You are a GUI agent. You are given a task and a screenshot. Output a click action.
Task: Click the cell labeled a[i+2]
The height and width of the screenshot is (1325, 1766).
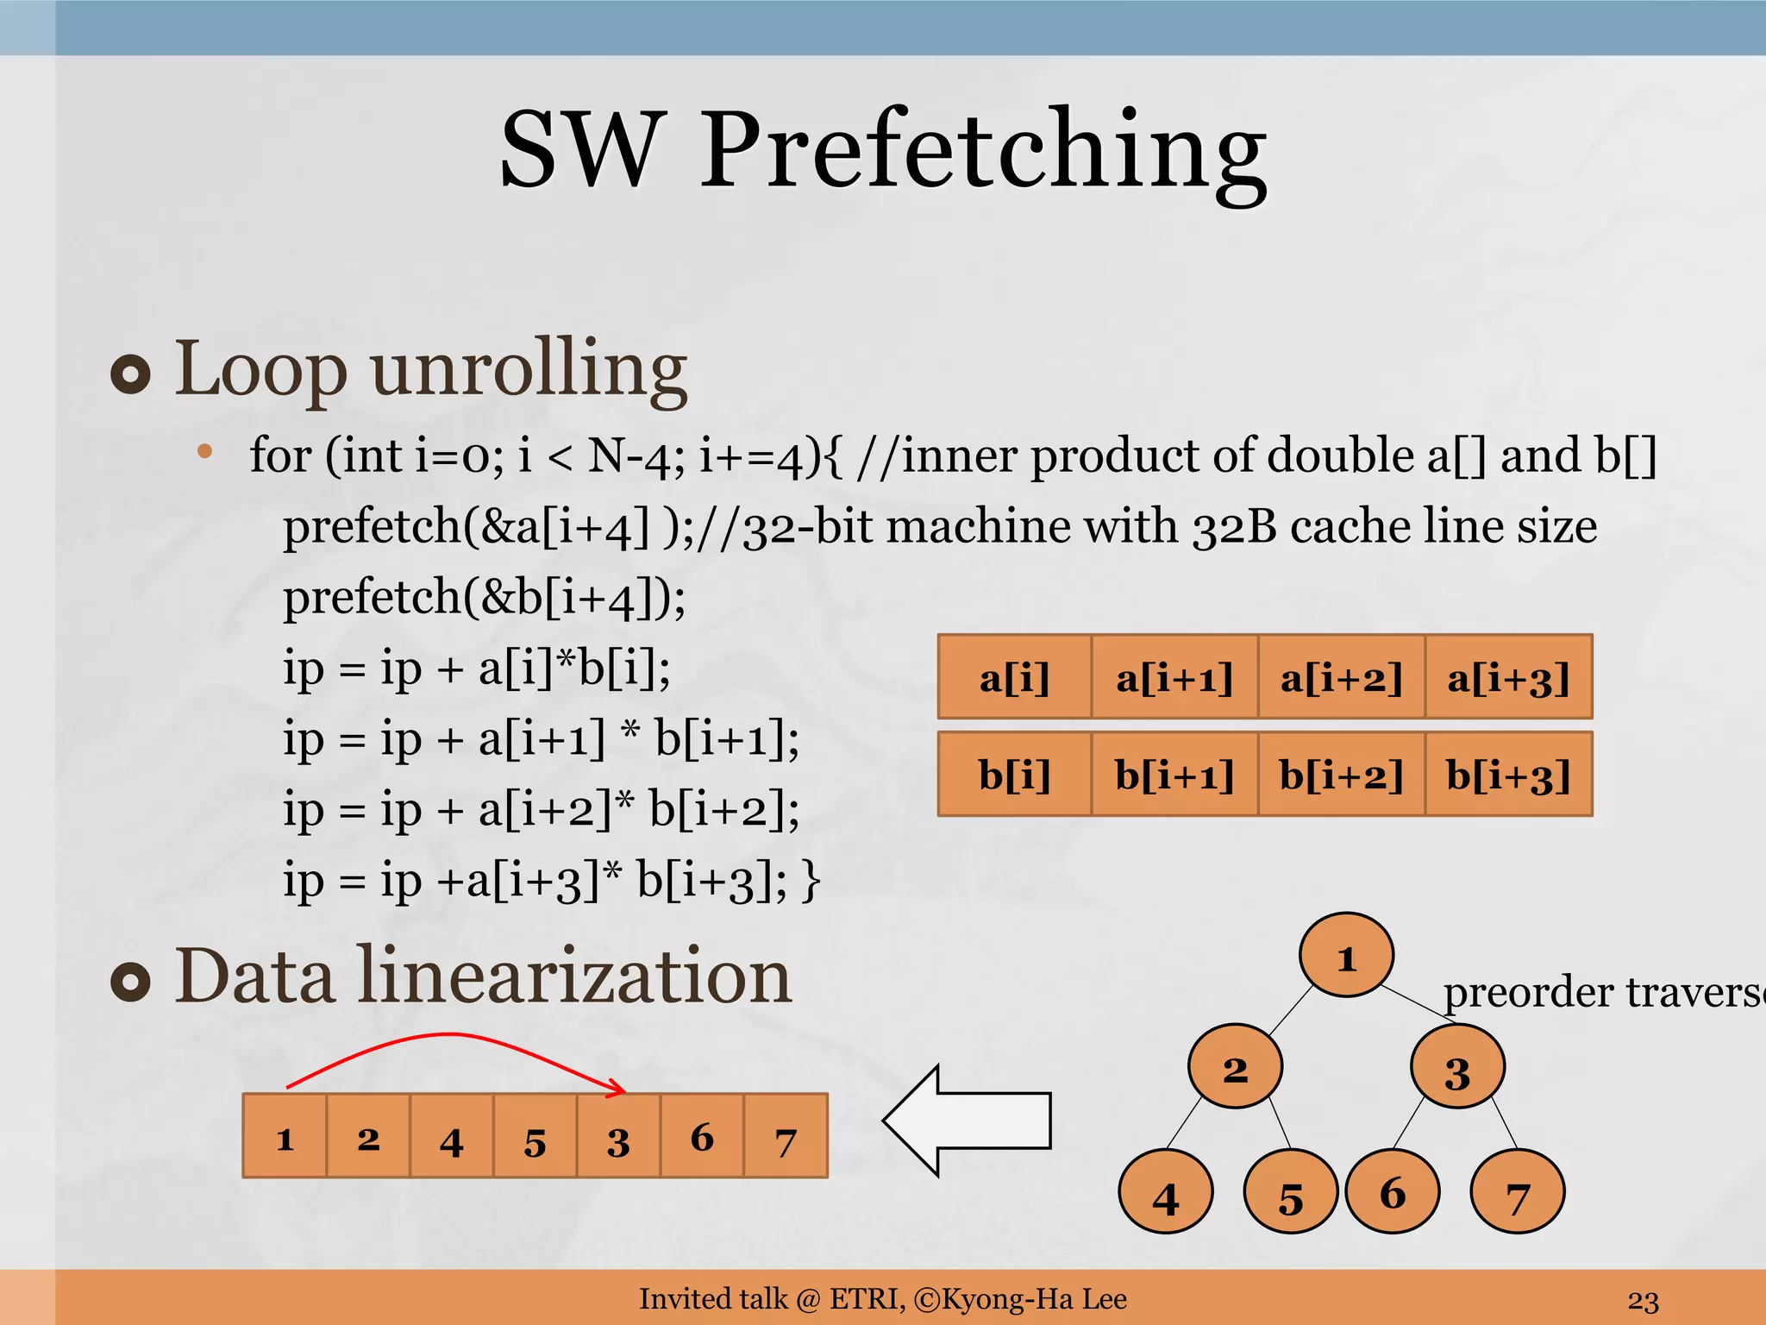point(1341,677)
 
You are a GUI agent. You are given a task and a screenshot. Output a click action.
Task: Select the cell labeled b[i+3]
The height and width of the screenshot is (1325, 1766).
point(1508,775)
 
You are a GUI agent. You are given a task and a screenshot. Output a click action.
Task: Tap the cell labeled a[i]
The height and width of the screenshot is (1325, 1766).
point(1014,677)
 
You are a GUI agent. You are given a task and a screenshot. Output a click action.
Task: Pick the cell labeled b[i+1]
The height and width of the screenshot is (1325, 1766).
point(1174,775)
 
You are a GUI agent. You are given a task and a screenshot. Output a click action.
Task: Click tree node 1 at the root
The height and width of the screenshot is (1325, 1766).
point(1346,955)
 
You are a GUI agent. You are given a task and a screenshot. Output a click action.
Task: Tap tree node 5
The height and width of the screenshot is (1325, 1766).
point(1290,1192)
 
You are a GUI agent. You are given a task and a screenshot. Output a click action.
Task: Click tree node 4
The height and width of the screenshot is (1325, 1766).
point(1165,1192)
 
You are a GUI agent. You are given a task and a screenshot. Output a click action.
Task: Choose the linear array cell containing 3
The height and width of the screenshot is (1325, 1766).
point(618,1136)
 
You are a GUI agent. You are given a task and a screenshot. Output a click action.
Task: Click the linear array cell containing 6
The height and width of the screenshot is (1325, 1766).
point(702,1136)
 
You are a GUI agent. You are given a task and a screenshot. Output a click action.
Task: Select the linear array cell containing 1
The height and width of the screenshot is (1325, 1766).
point(285,1136)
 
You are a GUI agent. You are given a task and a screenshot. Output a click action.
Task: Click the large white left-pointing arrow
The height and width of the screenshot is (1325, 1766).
point(966,1121)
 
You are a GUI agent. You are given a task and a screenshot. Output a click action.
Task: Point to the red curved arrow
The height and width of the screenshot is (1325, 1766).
point(448,1035)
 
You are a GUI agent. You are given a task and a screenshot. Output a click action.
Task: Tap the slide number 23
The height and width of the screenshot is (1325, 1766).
point(1643,1300)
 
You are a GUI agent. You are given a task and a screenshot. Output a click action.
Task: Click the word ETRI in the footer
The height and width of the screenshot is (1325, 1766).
point(866,1298)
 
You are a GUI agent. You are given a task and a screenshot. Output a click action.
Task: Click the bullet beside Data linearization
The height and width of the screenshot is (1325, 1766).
point(131,981)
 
